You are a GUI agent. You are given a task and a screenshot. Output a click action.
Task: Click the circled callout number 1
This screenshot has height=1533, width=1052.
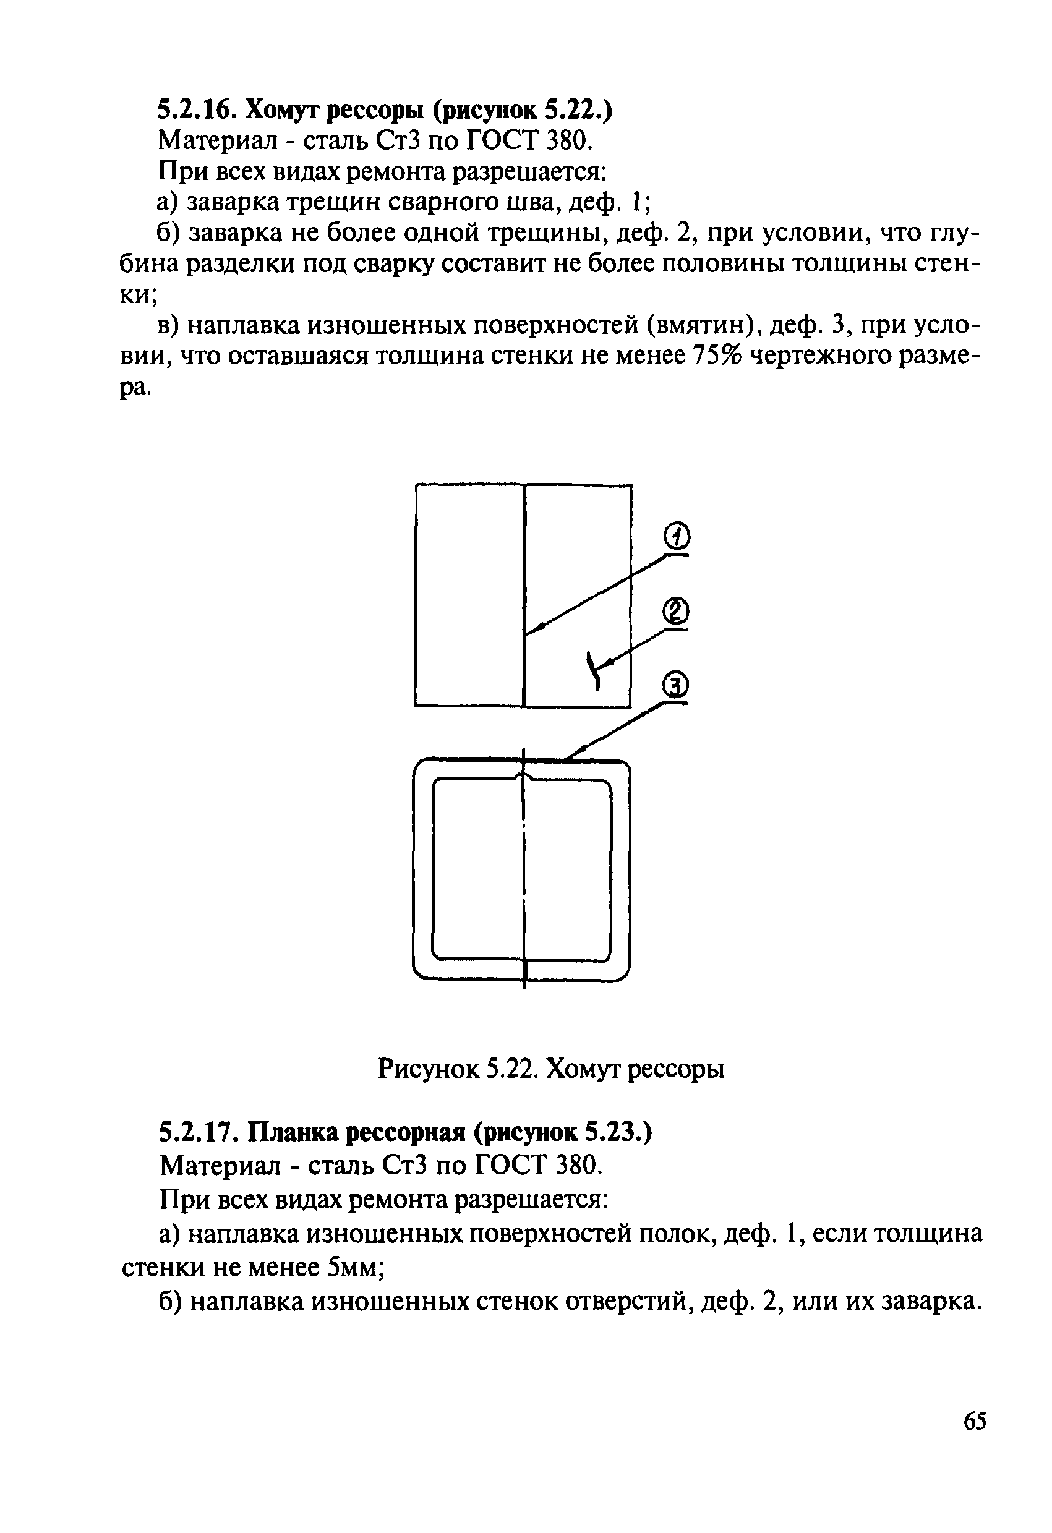675,536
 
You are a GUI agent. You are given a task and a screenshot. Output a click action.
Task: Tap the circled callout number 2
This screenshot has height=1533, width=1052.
674,612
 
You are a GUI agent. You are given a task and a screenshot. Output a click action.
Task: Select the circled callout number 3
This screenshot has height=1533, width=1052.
674,686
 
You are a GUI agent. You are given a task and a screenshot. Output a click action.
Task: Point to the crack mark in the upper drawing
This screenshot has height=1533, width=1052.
594,670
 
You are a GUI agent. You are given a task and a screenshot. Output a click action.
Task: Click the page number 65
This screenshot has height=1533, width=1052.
975,1421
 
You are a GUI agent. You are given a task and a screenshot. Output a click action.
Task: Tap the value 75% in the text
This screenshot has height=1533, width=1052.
718,356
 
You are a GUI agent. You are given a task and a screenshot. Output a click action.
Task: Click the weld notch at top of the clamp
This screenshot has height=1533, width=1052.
524,773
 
